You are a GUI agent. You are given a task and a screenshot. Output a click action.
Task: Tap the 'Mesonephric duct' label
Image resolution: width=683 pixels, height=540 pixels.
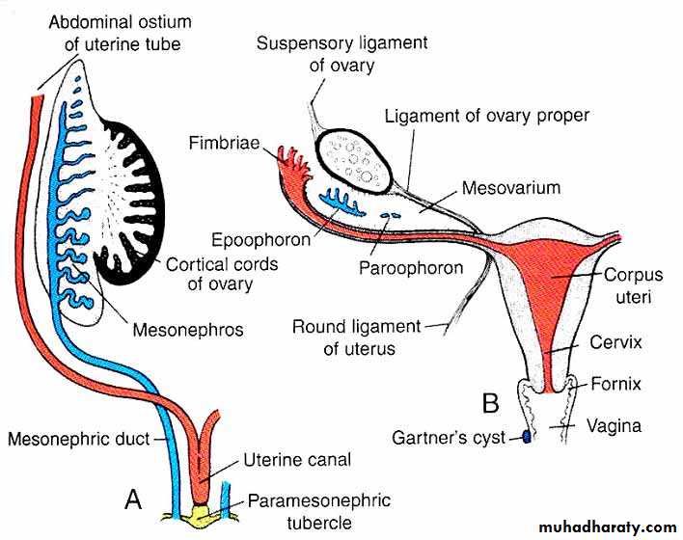(78, 440)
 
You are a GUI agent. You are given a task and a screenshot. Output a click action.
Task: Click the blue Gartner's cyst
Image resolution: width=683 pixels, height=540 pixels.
(527, 438)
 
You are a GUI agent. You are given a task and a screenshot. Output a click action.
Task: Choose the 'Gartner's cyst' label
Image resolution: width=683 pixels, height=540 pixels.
(449, 438)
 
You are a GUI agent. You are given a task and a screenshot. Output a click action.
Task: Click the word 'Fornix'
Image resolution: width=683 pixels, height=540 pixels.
(616, 384)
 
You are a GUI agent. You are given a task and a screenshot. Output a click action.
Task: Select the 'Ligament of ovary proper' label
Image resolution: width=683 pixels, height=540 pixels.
(486, 117)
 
